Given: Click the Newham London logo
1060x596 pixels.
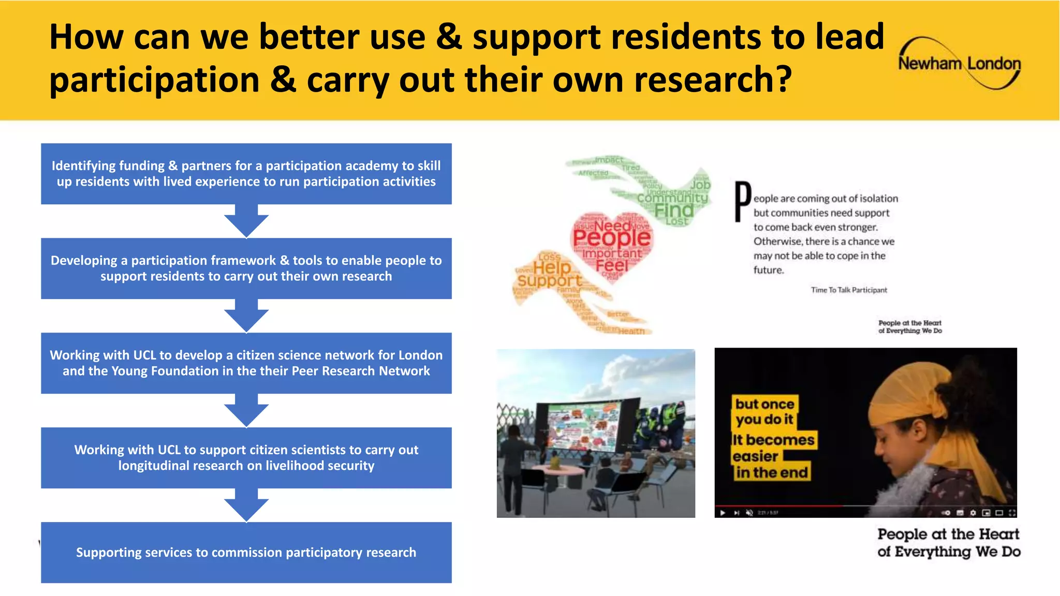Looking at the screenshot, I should tap(959, 63).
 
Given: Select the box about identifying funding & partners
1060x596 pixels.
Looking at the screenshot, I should tap(246, 174).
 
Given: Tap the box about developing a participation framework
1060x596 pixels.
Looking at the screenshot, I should tap(246, 269).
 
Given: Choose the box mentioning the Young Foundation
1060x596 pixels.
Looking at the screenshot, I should tap(246, 363).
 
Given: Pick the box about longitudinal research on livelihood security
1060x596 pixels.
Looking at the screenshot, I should tap(246, 458).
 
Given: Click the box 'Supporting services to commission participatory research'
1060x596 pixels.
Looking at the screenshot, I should tap(246, 553).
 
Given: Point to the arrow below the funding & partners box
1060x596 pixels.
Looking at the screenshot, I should tap(246, 220).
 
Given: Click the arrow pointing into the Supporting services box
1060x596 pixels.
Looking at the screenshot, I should tap(246, 505).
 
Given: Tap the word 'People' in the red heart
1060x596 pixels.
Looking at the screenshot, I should tap(611, 238).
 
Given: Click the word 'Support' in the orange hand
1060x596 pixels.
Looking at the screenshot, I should tap(550, 281).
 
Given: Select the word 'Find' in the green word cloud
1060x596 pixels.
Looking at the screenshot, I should tap(673, 210).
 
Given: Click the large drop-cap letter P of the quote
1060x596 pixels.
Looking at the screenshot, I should tap(743, 202).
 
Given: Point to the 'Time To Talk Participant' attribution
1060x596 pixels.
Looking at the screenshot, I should tap(849, 290).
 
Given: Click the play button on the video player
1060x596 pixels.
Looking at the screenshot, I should tap(723, 513).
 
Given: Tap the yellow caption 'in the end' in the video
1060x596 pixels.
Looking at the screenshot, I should tap(772, 472).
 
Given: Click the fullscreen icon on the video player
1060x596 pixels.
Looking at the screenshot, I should tap(1012, 513).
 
